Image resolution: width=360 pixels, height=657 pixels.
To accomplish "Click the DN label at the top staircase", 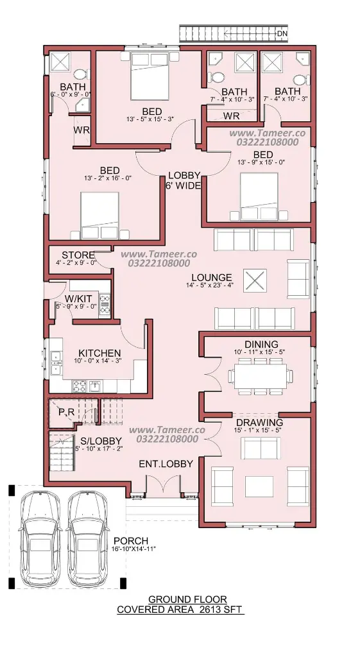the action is click(x=282, y=33).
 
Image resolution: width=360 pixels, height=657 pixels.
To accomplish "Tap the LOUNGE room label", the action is click(x=212, y=277).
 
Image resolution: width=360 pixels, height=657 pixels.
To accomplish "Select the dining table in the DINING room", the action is click(x=261, y=376).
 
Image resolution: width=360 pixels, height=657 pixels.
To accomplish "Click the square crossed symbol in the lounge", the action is click(x=255, y=280).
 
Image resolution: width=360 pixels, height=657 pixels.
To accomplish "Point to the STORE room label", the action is click(x=78, y=255).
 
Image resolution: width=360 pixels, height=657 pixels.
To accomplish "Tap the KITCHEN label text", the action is click(x=99, y=354).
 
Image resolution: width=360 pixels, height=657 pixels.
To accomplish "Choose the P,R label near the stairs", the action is click(x=66, y=413).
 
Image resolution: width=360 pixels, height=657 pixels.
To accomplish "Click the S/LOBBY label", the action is click(x=101, y=441).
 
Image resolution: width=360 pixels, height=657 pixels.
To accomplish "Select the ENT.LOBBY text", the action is click(x=166, y=464).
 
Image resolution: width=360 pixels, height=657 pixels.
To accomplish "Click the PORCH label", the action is click(x=131, y=541).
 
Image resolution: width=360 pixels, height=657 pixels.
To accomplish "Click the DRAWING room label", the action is click(x=259, y=422).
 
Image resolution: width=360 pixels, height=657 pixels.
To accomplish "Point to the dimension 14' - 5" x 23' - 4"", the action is click(x=210, y=286).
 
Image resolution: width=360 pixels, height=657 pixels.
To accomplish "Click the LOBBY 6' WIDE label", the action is click(x=184, y=180).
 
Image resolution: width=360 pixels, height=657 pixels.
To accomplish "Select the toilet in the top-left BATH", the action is click(x=80, y=74).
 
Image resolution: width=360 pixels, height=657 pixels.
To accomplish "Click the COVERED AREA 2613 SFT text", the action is click(x=180, y=610).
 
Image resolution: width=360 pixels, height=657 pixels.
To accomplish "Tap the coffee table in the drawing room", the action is click(x=259, y=486).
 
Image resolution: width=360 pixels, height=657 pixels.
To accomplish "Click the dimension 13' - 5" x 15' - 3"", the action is click(x=150, y=119).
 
